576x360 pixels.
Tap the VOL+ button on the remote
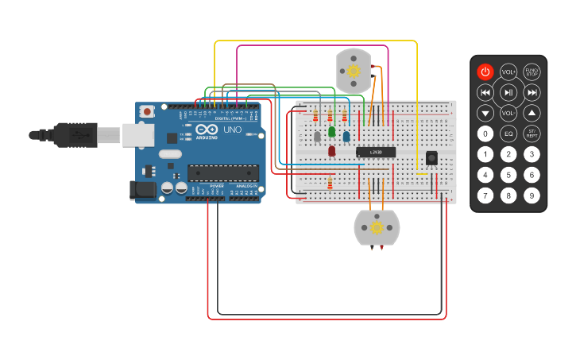(508, 72)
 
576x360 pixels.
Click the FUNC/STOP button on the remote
(532, 72)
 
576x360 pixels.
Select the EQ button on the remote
(508, 134)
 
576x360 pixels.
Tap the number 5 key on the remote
(508, 175)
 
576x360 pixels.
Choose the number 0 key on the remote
(485, 134)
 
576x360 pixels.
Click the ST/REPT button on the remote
(532, 134)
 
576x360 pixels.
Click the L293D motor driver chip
(376, 152)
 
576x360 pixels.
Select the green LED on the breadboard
(332, 132)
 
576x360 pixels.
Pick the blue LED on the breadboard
(346, 136)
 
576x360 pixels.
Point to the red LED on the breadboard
(332, 150)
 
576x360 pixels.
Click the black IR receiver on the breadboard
(431, 158)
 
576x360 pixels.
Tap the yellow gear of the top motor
(354, 70)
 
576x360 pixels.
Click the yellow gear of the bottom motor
(377, 228)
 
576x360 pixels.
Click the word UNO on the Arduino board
(232, 130)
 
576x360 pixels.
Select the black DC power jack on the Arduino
(141, 189)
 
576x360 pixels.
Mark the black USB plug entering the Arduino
(75, 136)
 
